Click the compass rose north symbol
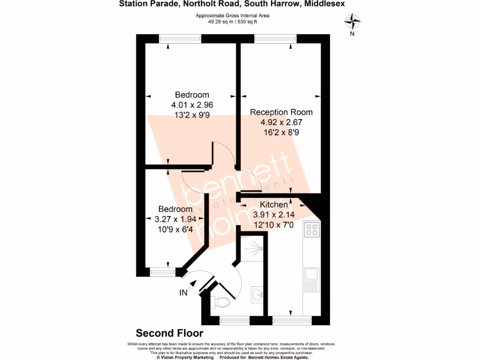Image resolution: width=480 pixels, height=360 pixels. [352, 22]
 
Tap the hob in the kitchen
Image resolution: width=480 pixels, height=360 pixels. [312, 229]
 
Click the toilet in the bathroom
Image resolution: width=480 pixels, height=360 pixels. [221, 301]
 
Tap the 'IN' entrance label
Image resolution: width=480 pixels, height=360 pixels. [184, 293]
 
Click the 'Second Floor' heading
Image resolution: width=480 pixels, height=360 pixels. [170, 333]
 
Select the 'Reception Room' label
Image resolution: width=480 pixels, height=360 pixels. [281, 112]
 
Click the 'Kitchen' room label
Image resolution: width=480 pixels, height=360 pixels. [274, 205]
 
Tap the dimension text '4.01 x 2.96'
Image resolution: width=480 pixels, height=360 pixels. [192, 105]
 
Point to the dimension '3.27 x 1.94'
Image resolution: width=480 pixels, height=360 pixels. [175, 218]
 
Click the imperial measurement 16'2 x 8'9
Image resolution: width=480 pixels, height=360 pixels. [281, 133]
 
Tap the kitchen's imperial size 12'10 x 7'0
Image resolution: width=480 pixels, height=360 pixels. [274, 225]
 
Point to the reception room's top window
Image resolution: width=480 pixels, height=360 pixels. [275, 38]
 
